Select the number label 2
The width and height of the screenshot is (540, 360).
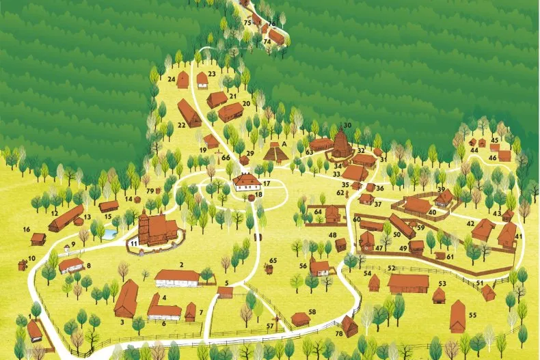click(x=182, y=264)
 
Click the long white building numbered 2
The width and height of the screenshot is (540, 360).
click(x=176, y=277)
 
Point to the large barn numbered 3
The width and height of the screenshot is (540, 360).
click(x=126, y=299)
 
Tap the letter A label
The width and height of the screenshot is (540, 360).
click(x=275, y=143)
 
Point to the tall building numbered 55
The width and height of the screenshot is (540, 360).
click(x=457, y=316)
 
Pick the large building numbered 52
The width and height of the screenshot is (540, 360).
click(x=408, y=283)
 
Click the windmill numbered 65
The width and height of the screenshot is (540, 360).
click(x=269, y=268)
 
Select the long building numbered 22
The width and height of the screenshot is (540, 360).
click(x=189, y=113)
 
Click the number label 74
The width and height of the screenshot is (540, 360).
click(x=267, y=42)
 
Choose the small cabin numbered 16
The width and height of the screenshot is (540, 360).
click(x=38, y=238)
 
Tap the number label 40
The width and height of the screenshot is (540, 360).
click(x=432, y=213)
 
